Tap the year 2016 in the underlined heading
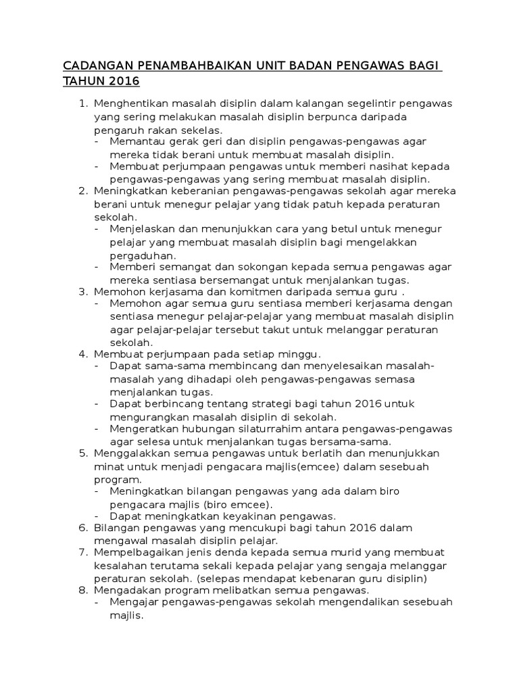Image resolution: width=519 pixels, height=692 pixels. click(122, 82)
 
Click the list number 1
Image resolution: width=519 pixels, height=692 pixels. click(83, 103)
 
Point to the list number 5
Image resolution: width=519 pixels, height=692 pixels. click(83, 453)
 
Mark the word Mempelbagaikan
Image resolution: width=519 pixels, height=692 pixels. click(136, 553)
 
